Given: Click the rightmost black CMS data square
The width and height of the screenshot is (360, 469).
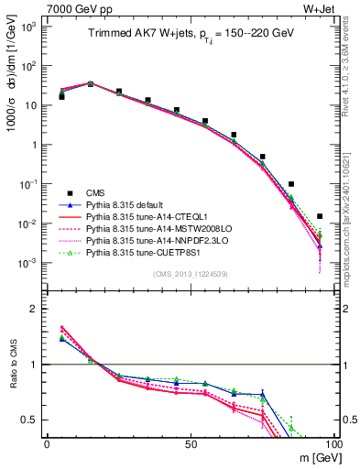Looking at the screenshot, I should tap(320, 217).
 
